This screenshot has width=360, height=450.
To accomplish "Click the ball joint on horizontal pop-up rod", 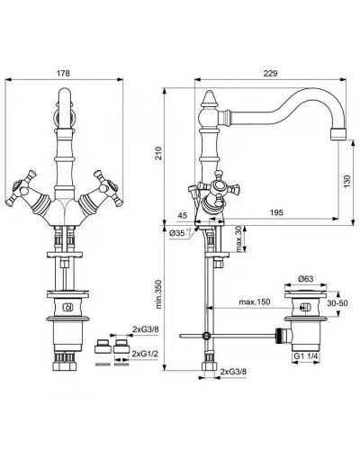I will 206,336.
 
